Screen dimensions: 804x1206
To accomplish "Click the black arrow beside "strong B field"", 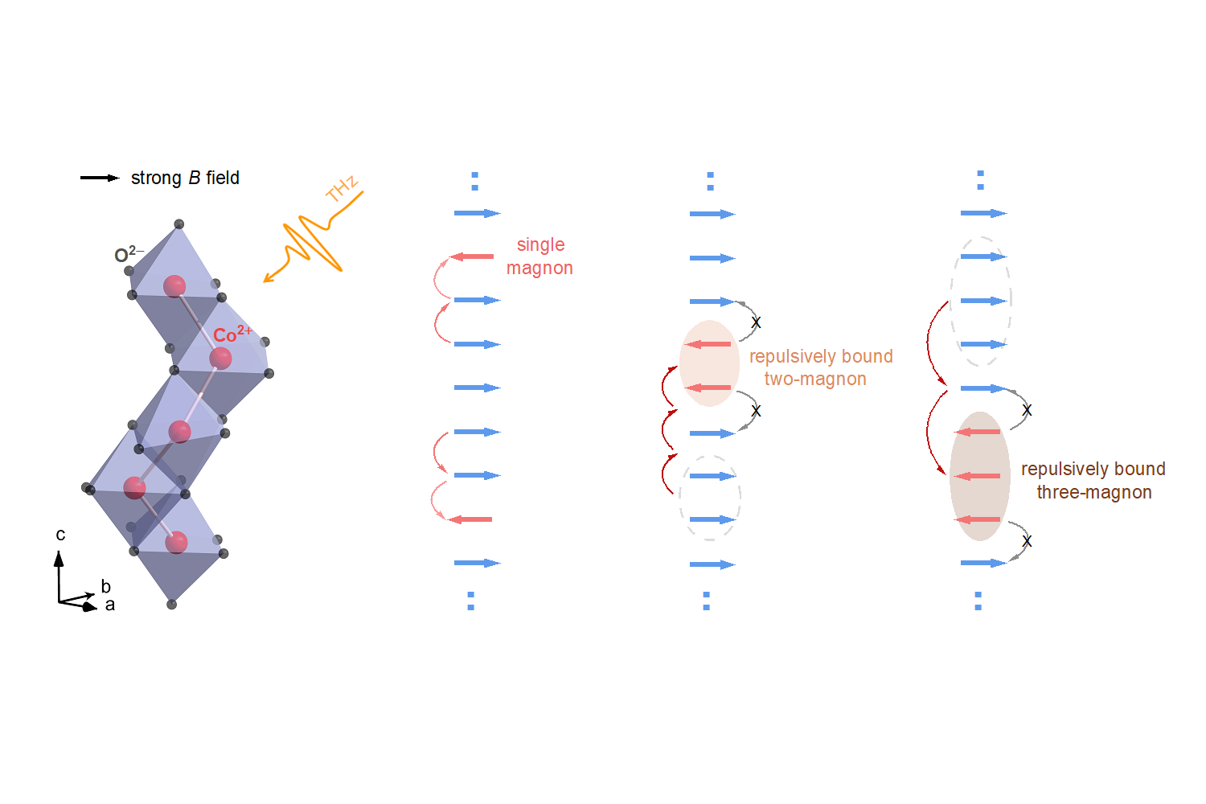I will pos(100,178).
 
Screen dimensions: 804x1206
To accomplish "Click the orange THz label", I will pos(342,188).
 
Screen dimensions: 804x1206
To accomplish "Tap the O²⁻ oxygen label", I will pos(128,255).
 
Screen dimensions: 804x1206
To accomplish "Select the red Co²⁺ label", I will pos(232,334).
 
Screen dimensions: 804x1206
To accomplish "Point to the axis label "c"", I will pos(60,535).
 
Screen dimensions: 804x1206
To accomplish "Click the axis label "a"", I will pos(110,605).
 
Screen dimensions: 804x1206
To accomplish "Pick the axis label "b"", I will pos(105,586).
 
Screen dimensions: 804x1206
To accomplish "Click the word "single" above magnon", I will pos(540,244).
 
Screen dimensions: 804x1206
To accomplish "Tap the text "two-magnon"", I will pos(815,379).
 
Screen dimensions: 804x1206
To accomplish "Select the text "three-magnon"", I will pos(1094,492).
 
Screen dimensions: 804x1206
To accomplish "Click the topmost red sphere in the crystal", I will pos(174,285).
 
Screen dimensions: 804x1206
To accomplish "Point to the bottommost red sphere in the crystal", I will pos(176,542).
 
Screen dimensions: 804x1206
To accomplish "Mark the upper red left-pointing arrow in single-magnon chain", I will pos(472,256).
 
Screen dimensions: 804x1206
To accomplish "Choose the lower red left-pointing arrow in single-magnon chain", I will pos(470,519).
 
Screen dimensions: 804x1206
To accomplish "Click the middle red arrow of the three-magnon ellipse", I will pos(978,476).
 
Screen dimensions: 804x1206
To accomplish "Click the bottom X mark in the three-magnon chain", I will pos(1027,541).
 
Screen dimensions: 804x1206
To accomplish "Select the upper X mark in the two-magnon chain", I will pos(756,322).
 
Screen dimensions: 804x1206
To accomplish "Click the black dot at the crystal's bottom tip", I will pos(171,604).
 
